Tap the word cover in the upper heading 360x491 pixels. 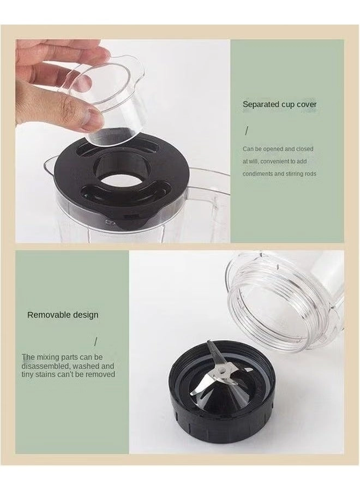point(307,104)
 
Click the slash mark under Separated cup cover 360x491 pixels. point(247,131)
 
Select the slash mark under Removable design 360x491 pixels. point(96,342)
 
